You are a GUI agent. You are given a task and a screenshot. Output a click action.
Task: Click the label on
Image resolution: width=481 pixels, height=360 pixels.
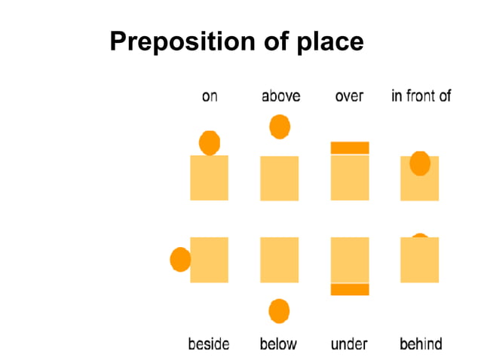click(x=210, y=96)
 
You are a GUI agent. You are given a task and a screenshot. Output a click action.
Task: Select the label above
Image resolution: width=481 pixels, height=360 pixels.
click(x=280, y=96)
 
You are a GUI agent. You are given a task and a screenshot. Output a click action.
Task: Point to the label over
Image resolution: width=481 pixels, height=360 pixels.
click(x=349, y=96)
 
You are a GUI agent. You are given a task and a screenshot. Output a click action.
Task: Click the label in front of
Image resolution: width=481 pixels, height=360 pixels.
click(x=421, y=96)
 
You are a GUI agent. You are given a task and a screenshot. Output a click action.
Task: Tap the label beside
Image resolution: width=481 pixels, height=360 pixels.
click(x=209, y=344)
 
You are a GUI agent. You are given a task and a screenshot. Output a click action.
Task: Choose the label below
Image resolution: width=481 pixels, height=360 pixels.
click(x=278, y=344)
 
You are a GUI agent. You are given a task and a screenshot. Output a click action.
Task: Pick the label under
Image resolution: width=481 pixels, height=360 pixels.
click(x=349, y=344)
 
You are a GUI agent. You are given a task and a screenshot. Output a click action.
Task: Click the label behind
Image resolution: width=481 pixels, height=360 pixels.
click(x=421, y=344)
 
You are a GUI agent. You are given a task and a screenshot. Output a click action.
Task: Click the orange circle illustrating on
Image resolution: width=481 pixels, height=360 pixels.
click(x=209, y=142)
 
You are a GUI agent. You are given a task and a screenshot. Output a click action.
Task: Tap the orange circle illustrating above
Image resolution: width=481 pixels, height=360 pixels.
click(x=280, y=127)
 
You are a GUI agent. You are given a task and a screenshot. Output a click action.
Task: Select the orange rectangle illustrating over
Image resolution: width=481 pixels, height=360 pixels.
click(x=350, y=148)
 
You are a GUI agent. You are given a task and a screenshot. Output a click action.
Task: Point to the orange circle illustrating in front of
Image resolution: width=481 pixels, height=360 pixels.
click(x=419, y=163)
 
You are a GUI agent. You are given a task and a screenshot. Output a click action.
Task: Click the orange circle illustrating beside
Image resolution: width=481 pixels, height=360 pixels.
click(x=180, y=259)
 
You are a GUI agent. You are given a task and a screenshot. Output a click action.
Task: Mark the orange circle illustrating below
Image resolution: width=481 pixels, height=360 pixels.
click(x=279, y=310)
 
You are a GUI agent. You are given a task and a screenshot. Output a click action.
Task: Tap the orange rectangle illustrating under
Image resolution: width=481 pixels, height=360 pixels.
click(x=350, y=289)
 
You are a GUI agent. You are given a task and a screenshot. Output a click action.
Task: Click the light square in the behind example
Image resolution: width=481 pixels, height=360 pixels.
click(x=419, y=262)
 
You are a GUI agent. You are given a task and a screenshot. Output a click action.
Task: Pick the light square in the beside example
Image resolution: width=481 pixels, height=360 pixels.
click(x=210, y=260)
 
